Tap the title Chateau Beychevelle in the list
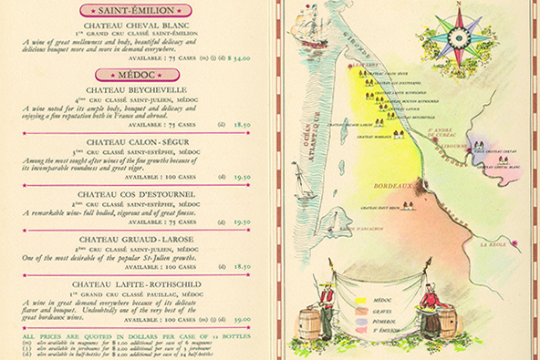click(139, 90)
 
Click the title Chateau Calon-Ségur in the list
click(139, 142)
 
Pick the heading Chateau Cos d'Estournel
click(139, 194)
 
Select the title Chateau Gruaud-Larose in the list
click(139, 238)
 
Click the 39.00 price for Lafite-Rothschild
click(240, 320)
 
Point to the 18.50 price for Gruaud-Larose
click(240, 267)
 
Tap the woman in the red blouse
click(428, 301)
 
